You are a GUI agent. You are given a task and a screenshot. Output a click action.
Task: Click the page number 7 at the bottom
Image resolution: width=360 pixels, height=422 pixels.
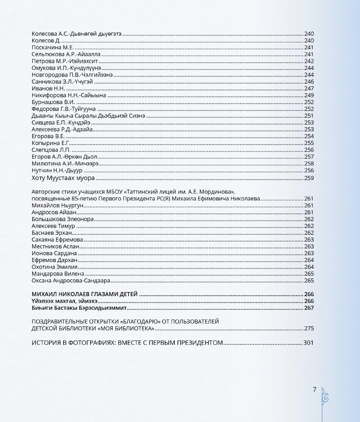314,389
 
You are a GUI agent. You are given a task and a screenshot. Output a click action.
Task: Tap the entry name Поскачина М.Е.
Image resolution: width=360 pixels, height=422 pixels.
53,47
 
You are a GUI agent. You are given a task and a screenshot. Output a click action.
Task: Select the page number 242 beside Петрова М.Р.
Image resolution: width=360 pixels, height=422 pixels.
309,61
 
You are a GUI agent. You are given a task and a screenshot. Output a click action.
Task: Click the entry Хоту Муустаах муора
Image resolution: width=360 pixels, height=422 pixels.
63,178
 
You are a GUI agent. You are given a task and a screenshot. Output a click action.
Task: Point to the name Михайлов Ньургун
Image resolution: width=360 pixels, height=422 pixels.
58,205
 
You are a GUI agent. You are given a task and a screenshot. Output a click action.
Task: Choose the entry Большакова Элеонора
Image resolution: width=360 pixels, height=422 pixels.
63,219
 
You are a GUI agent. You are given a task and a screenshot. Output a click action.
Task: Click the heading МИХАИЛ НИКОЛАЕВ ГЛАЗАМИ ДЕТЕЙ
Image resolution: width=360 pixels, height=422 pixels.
85,294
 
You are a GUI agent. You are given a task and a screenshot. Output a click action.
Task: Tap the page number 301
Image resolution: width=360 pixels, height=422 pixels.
308,343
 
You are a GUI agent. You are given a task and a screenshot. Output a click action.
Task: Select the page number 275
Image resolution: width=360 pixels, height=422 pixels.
309,328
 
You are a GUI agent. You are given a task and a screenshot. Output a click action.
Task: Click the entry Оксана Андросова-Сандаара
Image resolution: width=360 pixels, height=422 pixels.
71,281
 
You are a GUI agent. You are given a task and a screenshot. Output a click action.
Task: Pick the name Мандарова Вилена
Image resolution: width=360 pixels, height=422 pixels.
58,274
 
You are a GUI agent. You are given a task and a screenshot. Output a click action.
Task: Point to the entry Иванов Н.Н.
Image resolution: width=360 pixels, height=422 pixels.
48,88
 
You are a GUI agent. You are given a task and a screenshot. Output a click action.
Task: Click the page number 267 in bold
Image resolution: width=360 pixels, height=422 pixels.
309,308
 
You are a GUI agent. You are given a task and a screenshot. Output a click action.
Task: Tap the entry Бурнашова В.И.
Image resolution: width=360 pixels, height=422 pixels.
53,102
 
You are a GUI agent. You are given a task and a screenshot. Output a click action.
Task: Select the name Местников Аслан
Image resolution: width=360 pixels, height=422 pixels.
55,247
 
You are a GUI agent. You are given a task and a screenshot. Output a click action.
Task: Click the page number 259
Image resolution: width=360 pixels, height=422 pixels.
309,178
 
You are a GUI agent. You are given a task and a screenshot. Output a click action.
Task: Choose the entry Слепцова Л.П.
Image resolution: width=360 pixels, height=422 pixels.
51,150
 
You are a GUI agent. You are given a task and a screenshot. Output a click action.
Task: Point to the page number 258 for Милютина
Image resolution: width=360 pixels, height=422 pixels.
309,163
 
